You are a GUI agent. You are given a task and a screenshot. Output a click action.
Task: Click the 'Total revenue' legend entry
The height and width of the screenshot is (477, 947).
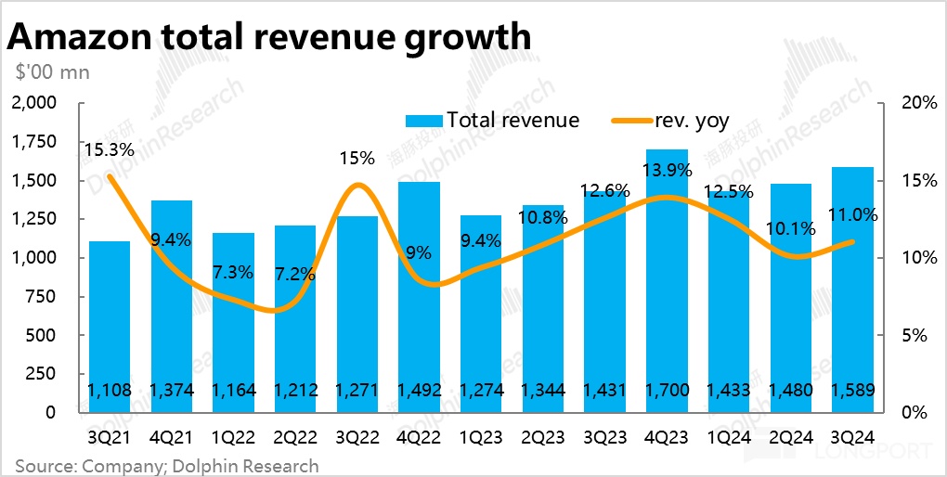coord(492,121)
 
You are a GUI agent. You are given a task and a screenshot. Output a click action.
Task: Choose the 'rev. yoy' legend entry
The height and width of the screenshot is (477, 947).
coord(670,121)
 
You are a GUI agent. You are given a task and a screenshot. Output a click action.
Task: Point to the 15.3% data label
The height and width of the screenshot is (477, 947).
coord(109,149)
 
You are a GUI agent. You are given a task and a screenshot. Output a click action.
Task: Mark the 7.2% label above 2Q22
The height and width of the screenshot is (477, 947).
coord(293,274)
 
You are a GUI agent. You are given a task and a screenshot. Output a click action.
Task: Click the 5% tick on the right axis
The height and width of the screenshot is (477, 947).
coord(914,335)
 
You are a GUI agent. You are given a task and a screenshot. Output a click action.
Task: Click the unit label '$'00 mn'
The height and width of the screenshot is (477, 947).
coord(52,71)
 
